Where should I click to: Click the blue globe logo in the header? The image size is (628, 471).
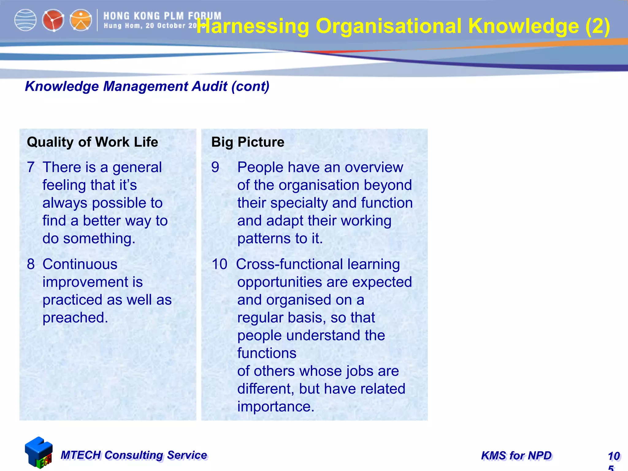point(25,20)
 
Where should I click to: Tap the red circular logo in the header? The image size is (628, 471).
point(53,21)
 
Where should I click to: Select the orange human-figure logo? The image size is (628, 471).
point(81,21)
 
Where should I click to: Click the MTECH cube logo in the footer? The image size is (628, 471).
point(39,453)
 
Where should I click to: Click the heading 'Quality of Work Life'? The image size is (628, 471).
point(92,142)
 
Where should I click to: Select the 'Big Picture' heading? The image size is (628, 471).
point(248,142)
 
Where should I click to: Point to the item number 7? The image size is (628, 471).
point(31,167)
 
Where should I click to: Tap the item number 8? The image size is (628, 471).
point(31,264)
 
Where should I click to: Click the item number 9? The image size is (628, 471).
point(215,167)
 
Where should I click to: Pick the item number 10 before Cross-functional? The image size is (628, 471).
point(220,264)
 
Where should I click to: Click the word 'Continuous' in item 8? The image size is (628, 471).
point(80,264)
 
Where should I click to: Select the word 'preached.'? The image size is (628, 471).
point(75,318)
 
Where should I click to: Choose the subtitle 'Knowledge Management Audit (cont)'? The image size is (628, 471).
point(147,86)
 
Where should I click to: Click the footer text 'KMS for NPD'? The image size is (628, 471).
point(516,456)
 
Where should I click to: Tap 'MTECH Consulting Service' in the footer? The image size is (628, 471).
point(134,455)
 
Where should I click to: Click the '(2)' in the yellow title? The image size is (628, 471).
point(597,26)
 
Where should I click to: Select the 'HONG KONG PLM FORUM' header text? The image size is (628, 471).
point(162,16)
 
